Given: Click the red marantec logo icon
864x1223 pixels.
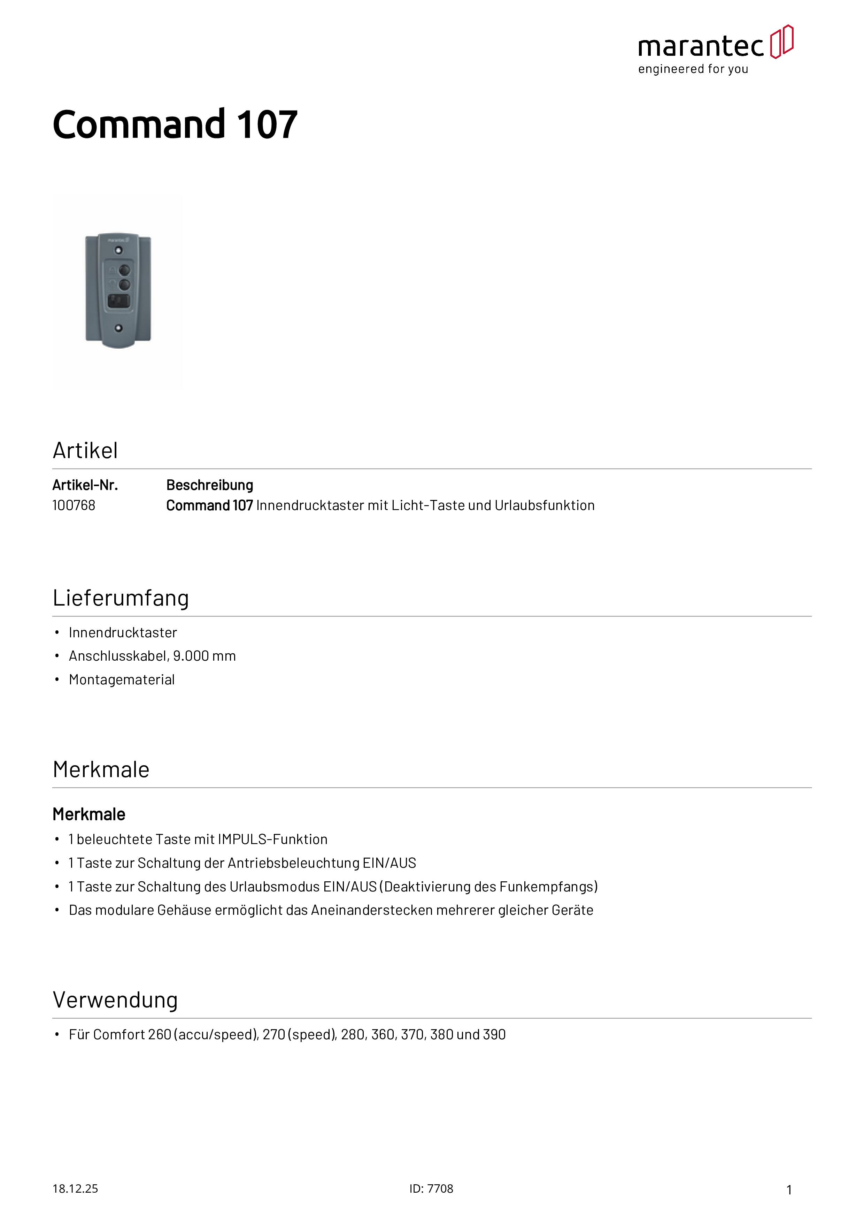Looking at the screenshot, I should pos(781,41).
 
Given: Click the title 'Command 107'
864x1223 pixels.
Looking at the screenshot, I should pos(175,125).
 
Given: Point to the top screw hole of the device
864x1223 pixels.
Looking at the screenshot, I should pos(119,250).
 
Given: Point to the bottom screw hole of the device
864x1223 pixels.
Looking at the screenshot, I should pos(119,328).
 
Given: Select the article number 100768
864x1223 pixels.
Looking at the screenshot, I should pos(74,506).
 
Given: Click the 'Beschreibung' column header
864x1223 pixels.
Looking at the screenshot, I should pos(209,485).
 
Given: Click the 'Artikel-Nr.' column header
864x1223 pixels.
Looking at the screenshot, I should pos(85,485).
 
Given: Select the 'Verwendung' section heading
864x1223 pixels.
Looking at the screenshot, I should pos(115,1000).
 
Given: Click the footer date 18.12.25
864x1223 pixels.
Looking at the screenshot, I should pos(75,1188).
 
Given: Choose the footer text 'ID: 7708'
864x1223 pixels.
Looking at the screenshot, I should pos(431,1188).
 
